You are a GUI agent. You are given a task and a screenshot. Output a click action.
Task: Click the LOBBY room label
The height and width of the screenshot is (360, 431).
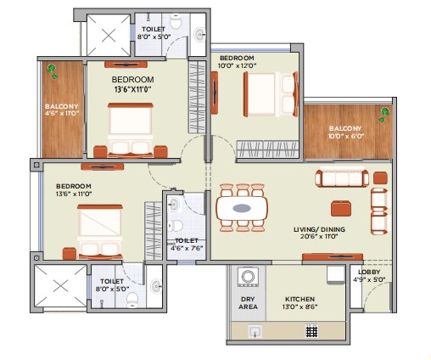[369, 272]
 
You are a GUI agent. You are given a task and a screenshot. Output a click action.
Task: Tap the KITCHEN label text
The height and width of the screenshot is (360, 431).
[299, 299]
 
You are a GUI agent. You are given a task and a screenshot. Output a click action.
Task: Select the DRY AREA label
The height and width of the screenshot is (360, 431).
[248, 303]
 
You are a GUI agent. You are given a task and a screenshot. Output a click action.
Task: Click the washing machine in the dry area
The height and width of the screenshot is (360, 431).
[248, 277]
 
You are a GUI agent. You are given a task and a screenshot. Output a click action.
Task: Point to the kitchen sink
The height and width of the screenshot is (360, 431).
[255, 331]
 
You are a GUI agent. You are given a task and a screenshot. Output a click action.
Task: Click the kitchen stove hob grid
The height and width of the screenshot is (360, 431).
[312, 331]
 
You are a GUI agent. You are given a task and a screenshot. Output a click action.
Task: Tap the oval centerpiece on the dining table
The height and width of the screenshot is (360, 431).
[242, 208]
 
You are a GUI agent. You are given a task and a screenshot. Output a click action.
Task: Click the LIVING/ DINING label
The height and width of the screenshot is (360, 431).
[319, 229]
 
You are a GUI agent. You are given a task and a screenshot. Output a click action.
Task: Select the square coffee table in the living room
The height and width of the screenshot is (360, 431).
[341, 209]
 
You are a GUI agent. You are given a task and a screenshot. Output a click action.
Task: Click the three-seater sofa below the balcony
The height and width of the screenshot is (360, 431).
[342, 178]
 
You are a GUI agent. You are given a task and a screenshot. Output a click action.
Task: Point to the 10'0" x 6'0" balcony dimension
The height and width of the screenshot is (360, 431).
[345, 136]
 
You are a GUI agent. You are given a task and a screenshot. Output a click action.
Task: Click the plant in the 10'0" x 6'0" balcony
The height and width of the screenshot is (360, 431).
[383, 115]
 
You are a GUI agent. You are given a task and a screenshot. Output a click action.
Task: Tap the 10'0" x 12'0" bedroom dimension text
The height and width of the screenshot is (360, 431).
[237, 65]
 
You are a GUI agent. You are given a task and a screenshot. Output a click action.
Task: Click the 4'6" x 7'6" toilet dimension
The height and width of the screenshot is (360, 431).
[187, 249]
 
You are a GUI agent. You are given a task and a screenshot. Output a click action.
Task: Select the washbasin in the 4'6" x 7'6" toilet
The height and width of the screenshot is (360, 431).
[174, 205]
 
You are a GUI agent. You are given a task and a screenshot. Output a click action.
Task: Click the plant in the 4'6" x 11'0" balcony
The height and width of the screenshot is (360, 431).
[53, 70]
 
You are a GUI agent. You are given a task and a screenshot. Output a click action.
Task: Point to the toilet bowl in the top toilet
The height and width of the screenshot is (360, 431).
[176, 22]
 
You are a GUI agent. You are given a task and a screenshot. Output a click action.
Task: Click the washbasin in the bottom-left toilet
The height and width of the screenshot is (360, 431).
[156, 286]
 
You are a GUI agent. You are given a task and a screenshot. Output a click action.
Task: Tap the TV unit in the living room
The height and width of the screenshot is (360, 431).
[333, 257]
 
